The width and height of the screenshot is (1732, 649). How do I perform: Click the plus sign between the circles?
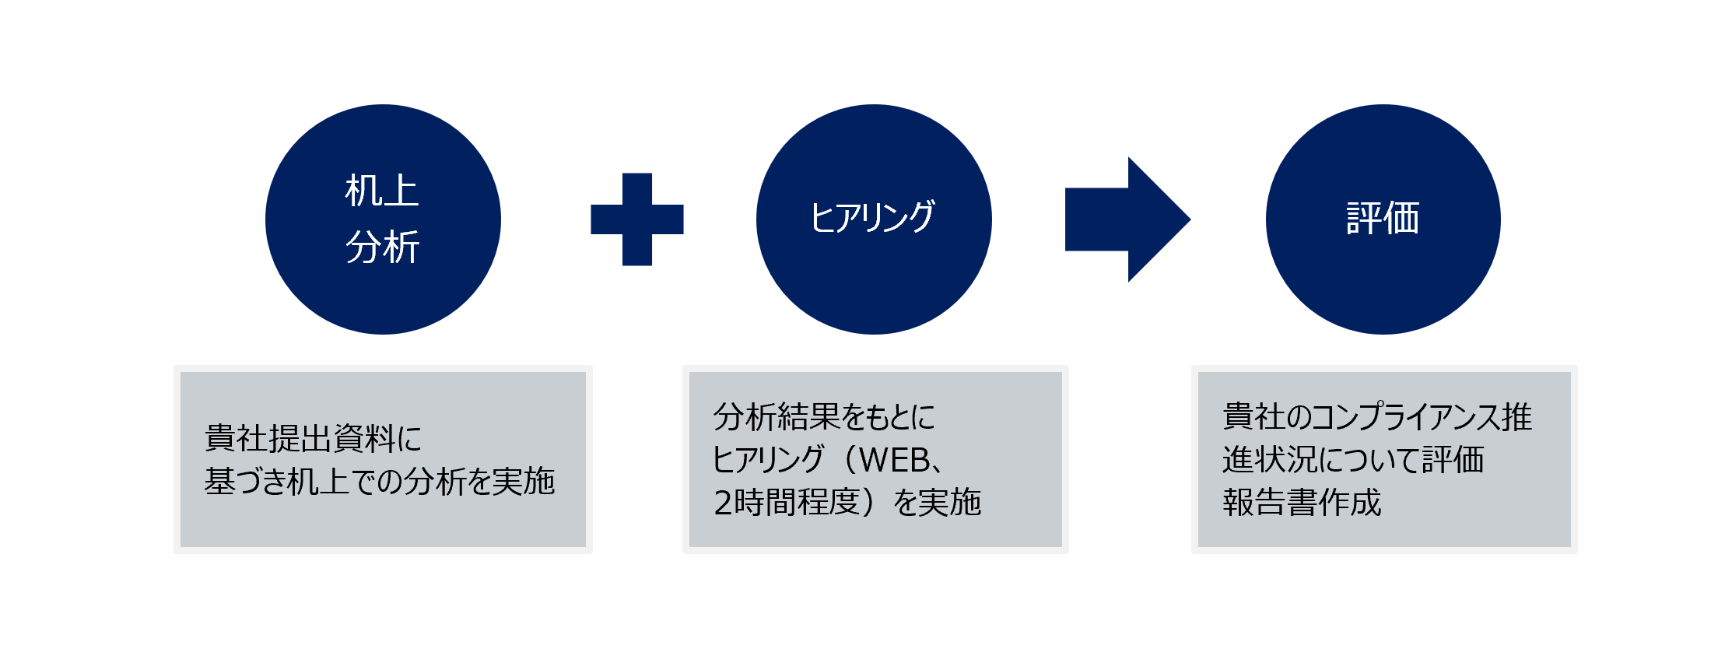coord(636,219)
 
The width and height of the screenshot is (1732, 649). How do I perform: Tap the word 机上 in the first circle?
coord(382,191)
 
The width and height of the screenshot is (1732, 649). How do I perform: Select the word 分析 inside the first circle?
coord(382,247)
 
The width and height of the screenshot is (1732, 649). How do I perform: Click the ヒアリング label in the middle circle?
coord(872,218)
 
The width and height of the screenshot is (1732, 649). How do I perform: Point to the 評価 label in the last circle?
coord(1383,219)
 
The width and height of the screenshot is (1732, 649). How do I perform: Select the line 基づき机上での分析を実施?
coord(380,482)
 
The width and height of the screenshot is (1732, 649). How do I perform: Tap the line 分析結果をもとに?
coord(824,418)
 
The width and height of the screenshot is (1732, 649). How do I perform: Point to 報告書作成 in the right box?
coord(1302,503)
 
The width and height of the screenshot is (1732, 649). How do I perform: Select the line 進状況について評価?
coord(1353,460)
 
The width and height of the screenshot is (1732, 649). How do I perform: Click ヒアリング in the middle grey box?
coord(768,461)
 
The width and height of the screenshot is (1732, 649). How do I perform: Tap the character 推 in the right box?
coord(1517,418)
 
